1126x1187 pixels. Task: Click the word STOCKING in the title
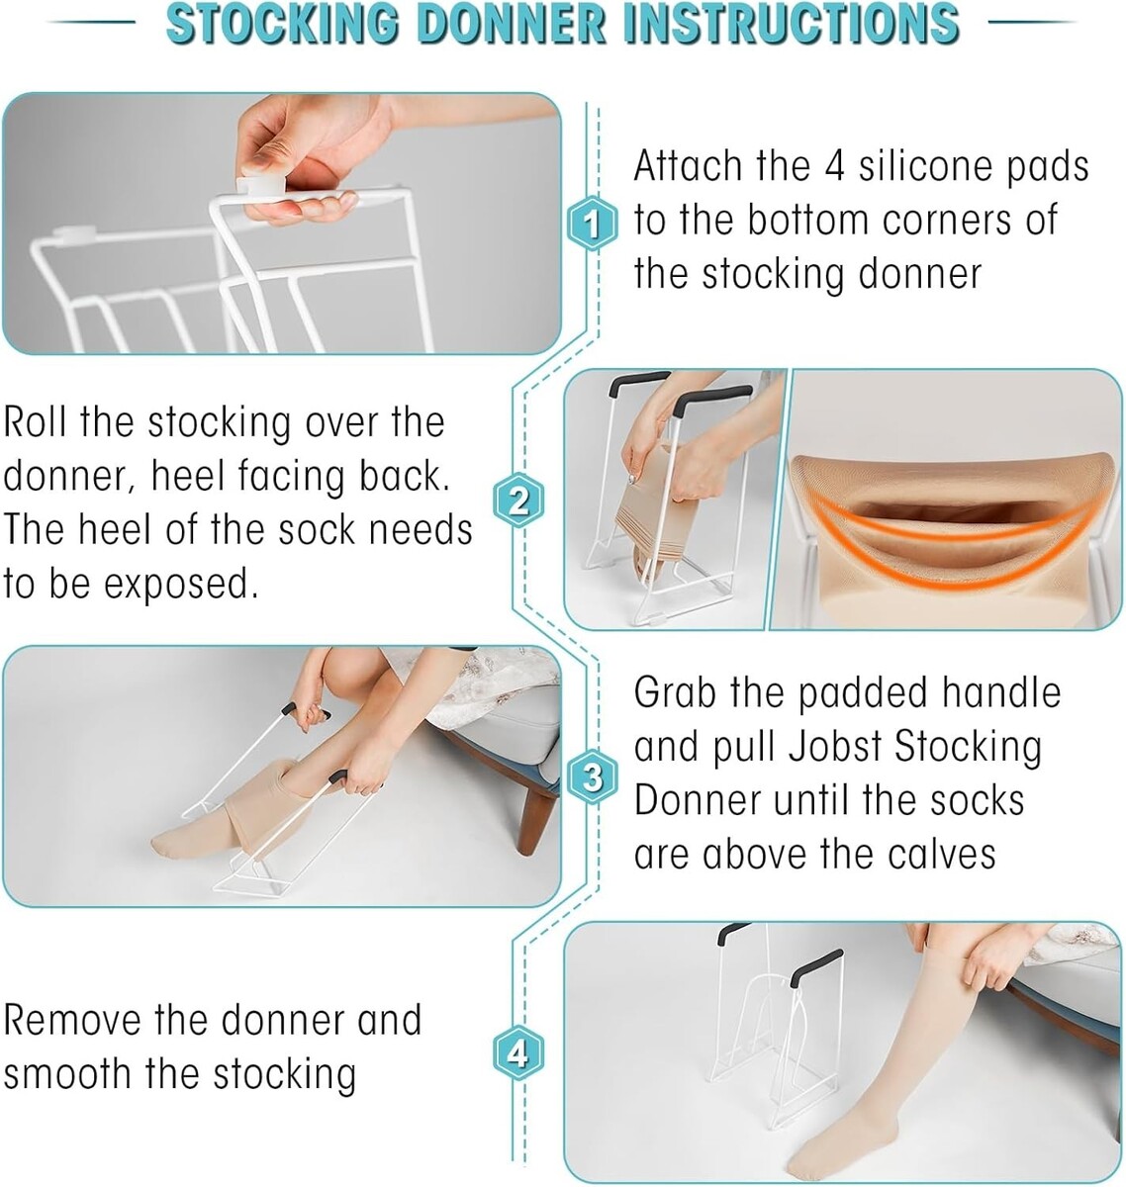[282, 23]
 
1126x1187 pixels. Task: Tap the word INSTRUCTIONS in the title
[791, 23]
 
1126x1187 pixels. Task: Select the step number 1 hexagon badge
[593, 224]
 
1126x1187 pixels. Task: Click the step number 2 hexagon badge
[518, 501]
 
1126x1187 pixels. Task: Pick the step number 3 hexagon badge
[593, 776]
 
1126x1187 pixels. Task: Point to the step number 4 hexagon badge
[518, 1054]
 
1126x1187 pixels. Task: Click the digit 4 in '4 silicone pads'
[834, 166]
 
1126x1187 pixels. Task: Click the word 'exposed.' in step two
[181, 585]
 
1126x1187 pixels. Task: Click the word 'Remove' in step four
[72, 1020]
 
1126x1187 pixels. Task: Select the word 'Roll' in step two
[36, 421]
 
